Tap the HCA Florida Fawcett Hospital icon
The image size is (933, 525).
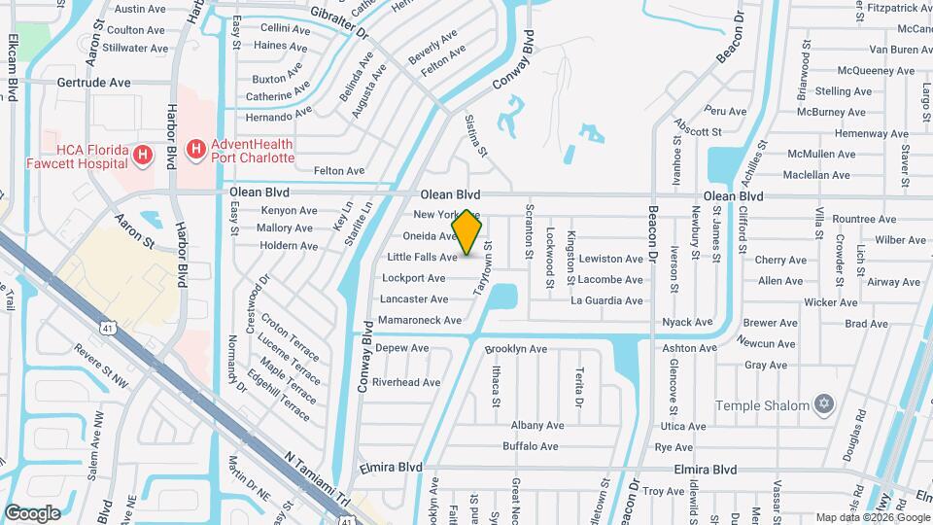tap(143, 155)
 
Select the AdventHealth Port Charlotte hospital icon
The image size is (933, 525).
tap(195, 149)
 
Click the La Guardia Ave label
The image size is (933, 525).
tap(606, 300)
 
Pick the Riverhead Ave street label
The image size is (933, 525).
tap(406, 382)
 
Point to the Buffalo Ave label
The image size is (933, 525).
tap(531, 446)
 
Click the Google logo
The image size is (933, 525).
tap(32, 513)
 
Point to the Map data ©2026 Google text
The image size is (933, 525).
tap(872, 517)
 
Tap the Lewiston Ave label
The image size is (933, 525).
tap(611, 260)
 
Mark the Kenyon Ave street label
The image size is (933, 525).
tap(290, 210)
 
